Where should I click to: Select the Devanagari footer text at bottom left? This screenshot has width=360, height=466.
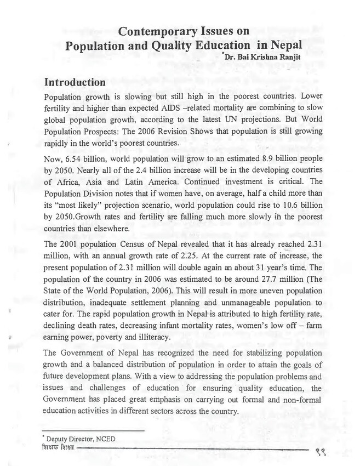[59, 448]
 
